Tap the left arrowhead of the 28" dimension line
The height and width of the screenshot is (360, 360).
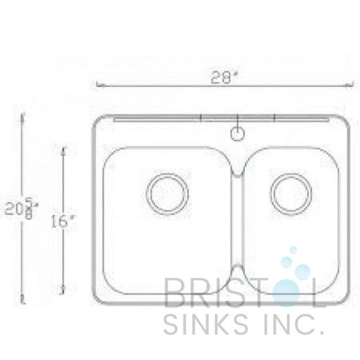98,84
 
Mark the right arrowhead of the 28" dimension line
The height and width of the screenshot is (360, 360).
347,84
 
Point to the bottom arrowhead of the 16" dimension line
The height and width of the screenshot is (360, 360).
63,289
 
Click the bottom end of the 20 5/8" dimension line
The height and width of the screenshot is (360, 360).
24,304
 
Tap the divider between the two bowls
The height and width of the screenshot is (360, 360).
238,223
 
